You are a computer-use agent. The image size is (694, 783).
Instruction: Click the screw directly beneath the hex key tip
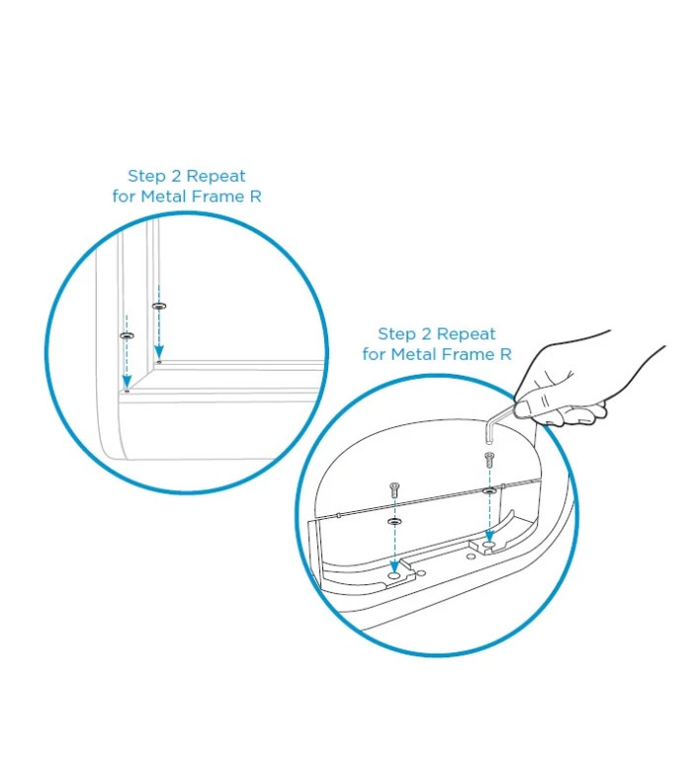coord(489,460)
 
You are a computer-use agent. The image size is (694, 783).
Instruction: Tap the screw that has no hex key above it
coord(394,490)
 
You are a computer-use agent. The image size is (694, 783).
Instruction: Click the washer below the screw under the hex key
coord(489,491)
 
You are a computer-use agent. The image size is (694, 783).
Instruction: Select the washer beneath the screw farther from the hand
coord(394,521)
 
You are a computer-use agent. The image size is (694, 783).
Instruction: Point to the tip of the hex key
coord(488,442)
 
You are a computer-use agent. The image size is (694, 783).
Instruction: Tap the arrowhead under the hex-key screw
coord(489,536)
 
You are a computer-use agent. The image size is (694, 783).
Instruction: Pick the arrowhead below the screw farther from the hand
coord(394,566)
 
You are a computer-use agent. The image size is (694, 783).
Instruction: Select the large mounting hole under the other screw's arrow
coord(394,575)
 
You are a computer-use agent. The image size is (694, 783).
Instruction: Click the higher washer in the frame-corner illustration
coord(159,305)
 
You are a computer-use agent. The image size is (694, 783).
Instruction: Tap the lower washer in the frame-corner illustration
coord(128,335)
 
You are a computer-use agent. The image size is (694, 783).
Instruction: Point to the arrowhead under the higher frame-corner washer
coord(159,354)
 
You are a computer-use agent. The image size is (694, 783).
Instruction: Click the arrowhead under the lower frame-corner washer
coord(128,382)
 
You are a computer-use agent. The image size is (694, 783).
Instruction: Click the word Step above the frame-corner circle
coord(146,176)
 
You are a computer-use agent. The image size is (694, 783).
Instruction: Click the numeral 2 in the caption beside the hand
coord(426,333)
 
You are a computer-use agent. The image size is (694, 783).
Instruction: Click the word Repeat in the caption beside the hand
coord(466,334)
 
